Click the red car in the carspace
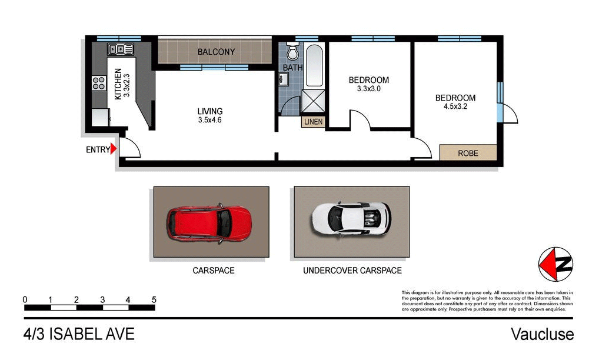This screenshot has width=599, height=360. (x=209, y=222)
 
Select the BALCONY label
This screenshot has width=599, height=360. (x=216, y=52)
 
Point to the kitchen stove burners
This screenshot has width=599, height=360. (x=98, y=84)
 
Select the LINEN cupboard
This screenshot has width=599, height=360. (x=312, y=122)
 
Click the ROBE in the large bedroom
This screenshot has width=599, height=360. (x=468, y=153)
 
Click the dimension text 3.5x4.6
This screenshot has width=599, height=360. (x=209, y=120)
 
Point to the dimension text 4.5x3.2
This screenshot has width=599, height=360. (x=455, y=107)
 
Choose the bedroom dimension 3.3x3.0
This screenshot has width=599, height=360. (x=368, y=89)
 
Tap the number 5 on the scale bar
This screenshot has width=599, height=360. (x=154, y=300)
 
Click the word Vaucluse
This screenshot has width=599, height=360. (x=541, y=335)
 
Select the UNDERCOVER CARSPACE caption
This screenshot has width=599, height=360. (x=352, y=271)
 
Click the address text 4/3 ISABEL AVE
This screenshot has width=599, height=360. (x=79, y=335)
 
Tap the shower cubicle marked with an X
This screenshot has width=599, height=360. (x=312, y=101)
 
